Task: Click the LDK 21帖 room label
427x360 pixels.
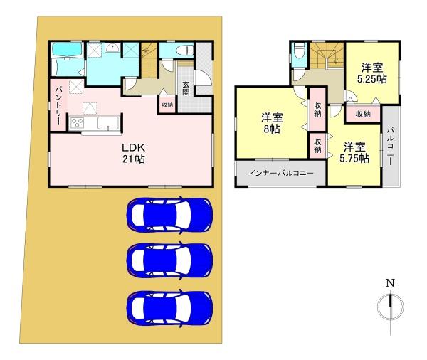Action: pos(132,154)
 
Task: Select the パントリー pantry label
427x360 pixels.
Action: pos(58,106)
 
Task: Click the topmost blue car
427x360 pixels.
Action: pos(169,213)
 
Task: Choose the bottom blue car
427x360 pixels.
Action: pos(169,307)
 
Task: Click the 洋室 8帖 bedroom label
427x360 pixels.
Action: pos(270,123)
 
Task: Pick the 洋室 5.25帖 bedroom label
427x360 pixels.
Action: pos(371,73)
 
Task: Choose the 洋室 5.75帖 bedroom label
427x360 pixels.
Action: pos(354,153)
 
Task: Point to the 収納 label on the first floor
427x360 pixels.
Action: pos(167,104)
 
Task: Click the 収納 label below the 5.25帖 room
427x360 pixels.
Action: pos(362,113)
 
